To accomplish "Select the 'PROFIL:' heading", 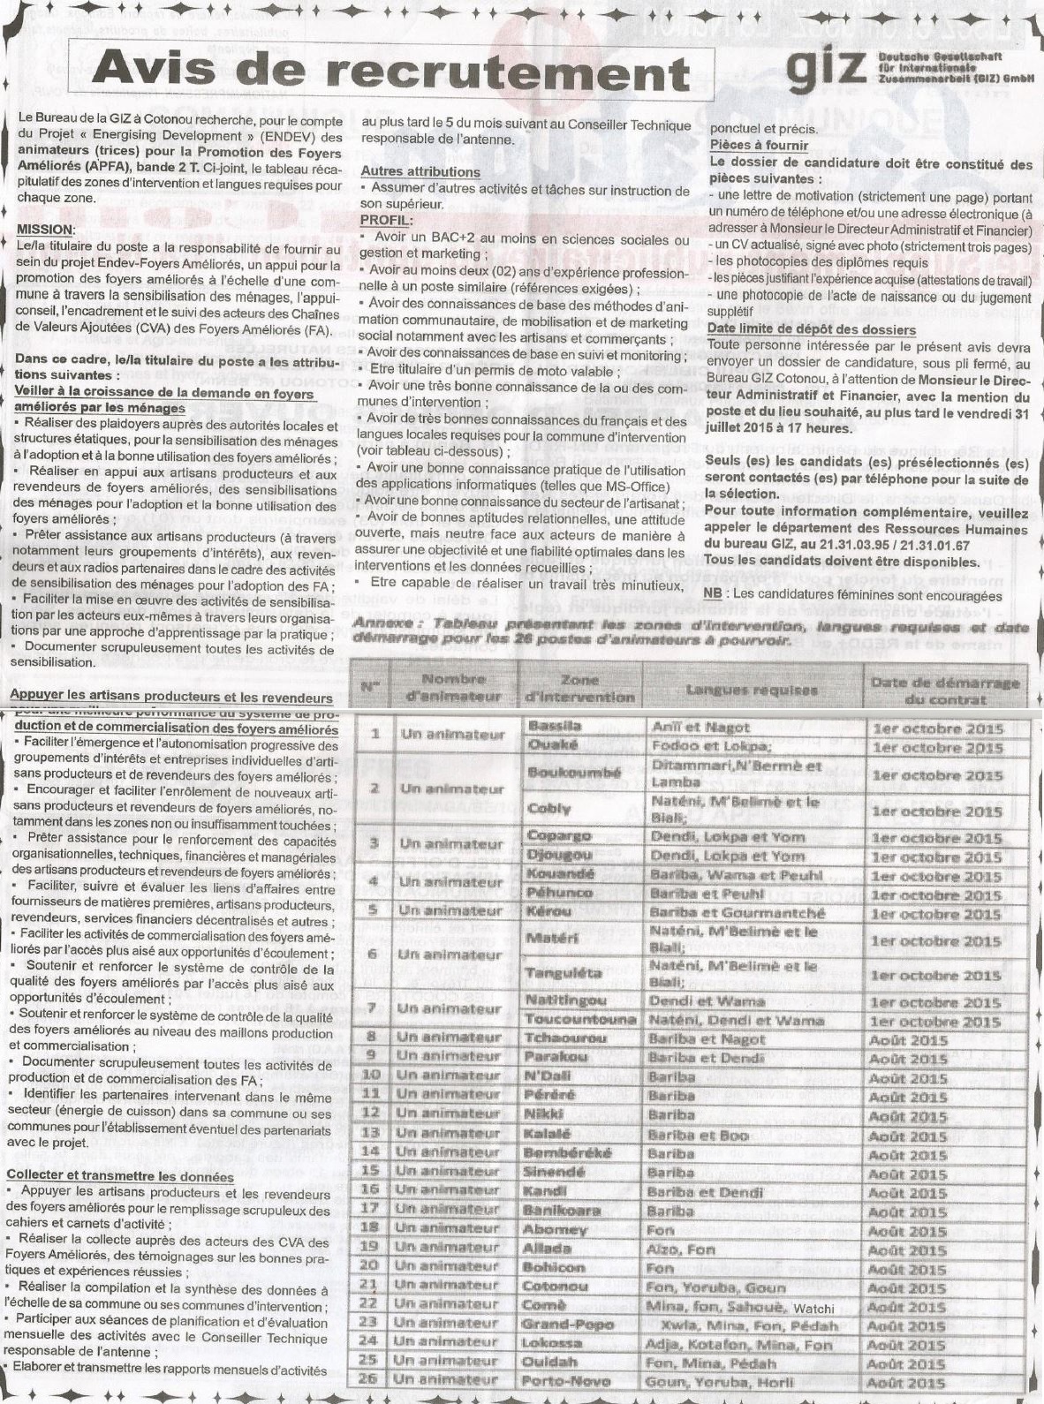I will tap(387, 219).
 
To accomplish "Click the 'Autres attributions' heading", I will tap(420, 171).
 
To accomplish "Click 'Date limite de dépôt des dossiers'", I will tap(812, 329).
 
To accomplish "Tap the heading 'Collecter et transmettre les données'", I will tap(119, 1176).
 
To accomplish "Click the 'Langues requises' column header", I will tap(751, 690).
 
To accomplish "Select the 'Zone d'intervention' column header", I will tap(579, 688).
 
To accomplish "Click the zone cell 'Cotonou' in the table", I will tap(555, 1287).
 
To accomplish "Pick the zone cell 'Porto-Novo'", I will tap(560, 1382).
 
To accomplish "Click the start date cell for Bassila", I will tap(937, 728).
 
